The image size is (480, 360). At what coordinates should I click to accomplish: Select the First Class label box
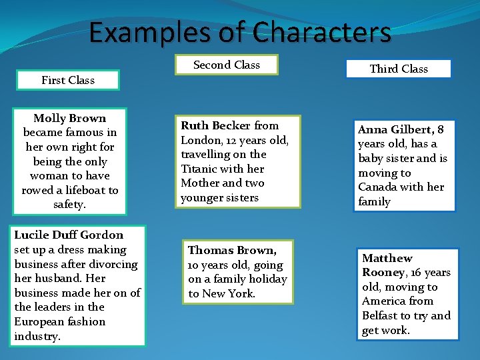pos(68,80)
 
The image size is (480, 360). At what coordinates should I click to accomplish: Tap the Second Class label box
pos(226,65)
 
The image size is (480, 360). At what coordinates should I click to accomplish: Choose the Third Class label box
pos(399,69)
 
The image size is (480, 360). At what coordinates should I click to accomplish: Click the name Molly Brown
pos(69,118)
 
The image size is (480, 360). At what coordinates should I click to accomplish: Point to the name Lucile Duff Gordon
pos(69,235)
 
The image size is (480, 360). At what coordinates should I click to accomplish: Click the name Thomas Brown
pos(231,250)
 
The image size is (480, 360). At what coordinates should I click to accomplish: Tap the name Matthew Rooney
pos(388,265)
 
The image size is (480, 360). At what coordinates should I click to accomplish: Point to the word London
pos(199,140)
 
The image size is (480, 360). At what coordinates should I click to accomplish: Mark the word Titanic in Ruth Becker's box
pos(199,169)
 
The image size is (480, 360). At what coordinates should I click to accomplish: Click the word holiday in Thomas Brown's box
pos(267,279)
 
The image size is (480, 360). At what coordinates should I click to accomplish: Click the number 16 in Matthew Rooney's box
pos(417,273)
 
